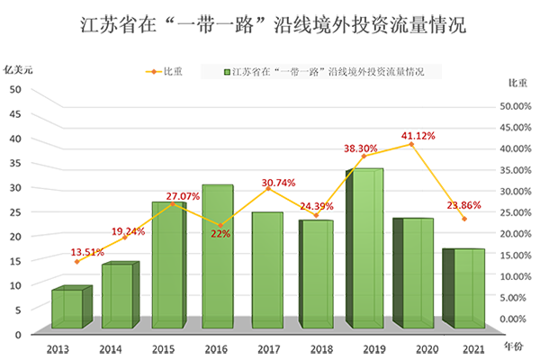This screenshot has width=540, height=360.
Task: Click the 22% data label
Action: pyautogui.click(x=220, y=234)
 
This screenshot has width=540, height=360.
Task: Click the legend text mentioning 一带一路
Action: pyautogui.click(x=328, y=71)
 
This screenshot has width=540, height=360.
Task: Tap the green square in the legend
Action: pyautogui.click(x=226, y=71)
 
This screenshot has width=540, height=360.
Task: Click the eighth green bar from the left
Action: pyautogui.click(x=417, y=272)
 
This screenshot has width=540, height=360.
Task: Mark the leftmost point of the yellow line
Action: pyautogui.click(x=72, y=263)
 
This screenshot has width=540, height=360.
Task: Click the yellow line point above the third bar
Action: pyautogui.click(x=172, y=206)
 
